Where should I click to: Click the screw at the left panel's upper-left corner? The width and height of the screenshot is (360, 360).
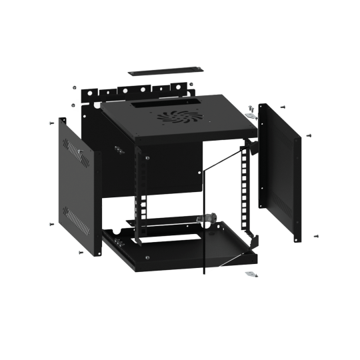coord(51,123)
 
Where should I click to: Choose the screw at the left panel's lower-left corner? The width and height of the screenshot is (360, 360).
coord(51,223)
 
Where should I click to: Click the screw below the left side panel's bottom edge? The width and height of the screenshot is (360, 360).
coord(80,253)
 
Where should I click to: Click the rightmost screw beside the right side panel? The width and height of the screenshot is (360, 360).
coord(309,135)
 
